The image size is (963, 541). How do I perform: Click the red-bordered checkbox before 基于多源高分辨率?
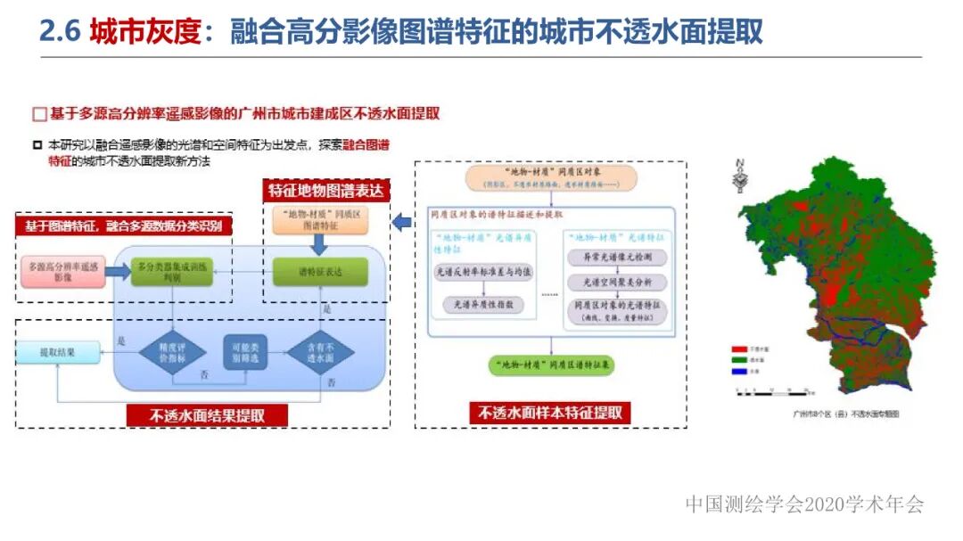[38, 114]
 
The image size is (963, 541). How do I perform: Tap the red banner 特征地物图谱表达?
[326, 190]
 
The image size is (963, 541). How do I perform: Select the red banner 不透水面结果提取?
[207, 415]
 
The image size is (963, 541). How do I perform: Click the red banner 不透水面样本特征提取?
[550, 413]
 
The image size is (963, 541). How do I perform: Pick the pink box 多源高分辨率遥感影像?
[62, 272]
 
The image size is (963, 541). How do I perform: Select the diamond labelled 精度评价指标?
[172, 353]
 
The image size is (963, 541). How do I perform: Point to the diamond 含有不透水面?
[320, 353]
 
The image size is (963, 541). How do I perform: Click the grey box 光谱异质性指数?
[483, 305]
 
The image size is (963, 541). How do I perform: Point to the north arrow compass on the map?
[739, 176]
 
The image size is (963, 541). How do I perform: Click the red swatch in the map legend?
[737, 349]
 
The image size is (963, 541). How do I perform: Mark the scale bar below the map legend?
[769, 389]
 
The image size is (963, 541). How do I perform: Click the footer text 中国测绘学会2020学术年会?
[804, 504]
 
